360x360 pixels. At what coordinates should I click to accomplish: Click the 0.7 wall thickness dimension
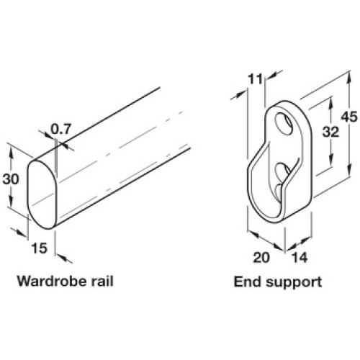[61, 130]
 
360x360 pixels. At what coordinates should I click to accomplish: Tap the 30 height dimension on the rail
[11, 179]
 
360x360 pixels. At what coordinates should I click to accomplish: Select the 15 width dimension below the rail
[39, 248]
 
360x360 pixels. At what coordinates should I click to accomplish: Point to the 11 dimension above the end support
[255, 79]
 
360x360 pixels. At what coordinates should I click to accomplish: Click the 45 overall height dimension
[349, 117]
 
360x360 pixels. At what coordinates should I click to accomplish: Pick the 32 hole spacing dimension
[330, 132]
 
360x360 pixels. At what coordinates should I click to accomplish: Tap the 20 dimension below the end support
[261, 258]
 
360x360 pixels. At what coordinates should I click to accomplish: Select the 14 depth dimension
[300, 258]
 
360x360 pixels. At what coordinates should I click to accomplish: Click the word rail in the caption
[102, 281]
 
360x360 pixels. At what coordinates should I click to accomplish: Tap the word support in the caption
[294, 283]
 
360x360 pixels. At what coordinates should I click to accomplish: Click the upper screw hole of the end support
[284, 123]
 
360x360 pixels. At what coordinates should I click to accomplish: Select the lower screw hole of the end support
[283, 171]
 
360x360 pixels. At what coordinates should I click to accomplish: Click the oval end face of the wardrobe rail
[42, 194]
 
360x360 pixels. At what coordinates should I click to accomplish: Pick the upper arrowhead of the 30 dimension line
[11, 153]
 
